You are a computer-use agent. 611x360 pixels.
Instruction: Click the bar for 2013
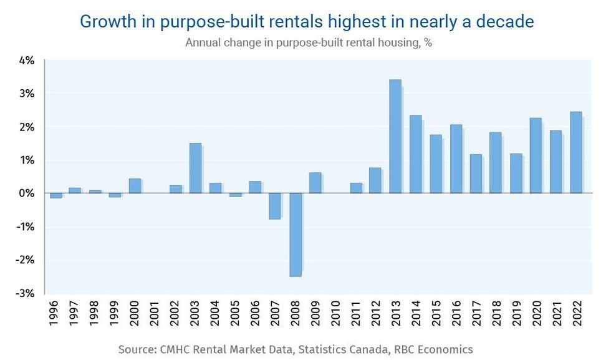point(395,136)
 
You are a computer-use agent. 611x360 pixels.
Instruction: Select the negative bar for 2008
point(295,235)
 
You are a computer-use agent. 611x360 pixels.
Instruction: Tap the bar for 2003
point(195,168)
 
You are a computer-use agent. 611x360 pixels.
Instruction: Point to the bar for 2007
point(275,206)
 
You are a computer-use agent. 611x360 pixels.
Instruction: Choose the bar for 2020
point(536,155)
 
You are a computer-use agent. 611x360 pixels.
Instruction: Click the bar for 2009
point(315,183)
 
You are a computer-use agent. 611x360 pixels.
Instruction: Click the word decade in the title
point(504,21)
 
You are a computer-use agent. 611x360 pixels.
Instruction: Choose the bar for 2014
point(415,154)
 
